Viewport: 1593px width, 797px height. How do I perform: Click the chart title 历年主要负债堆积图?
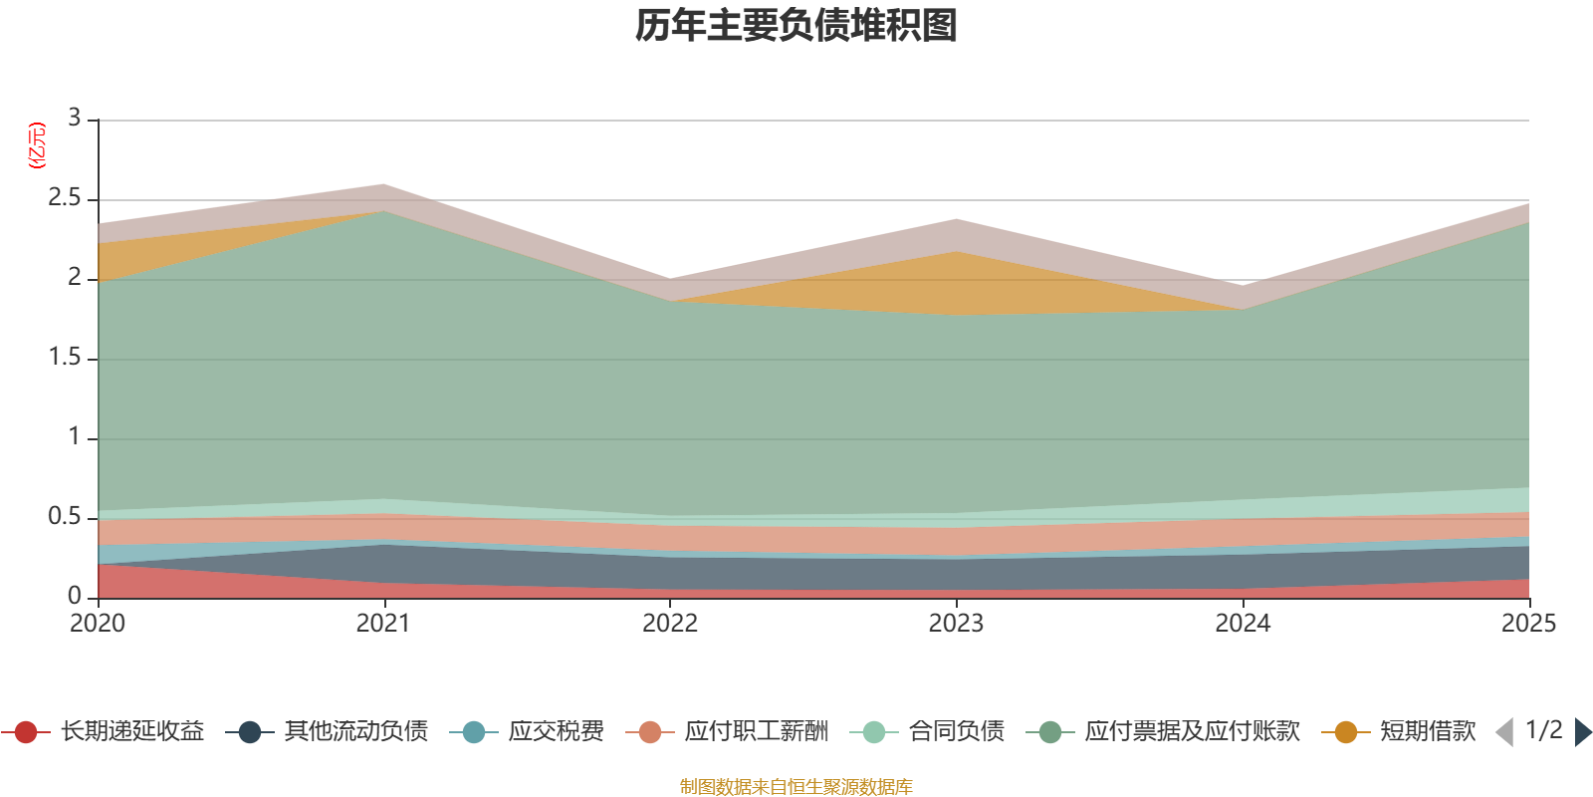(796, 26)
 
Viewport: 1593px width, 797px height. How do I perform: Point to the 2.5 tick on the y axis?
(65, 198)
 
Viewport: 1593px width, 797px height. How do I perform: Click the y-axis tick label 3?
(74, 118)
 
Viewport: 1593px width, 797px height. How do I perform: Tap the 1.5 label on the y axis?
(65, 358)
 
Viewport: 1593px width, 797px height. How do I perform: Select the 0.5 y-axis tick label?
(65, 516)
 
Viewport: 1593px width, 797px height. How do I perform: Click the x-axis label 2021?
(383, 624)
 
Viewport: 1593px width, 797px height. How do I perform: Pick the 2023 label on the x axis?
(956, 624)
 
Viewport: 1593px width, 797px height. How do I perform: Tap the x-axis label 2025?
(1527, 624)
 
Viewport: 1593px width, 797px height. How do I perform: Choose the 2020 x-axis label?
(98, 624)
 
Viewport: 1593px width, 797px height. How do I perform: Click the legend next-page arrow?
(1583, 732)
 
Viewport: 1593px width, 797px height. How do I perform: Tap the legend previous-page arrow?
(1504, 732)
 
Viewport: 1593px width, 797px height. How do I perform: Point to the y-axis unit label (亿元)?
(37, 145)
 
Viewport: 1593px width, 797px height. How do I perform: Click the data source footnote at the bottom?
(796, 787)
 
